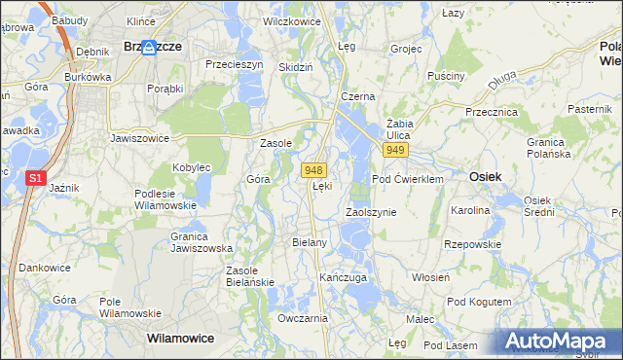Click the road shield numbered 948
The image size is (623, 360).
312,170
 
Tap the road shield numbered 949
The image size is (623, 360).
394,151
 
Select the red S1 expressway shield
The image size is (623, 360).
35,178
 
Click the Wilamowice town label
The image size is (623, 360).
179,339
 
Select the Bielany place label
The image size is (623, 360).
309,241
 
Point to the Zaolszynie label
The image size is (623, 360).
371,211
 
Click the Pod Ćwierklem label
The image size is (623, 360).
407,179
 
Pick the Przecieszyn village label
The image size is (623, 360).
235,64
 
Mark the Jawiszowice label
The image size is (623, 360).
140,138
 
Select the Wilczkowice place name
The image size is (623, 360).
291,19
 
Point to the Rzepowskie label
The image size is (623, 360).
471,245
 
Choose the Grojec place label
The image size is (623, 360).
405,48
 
